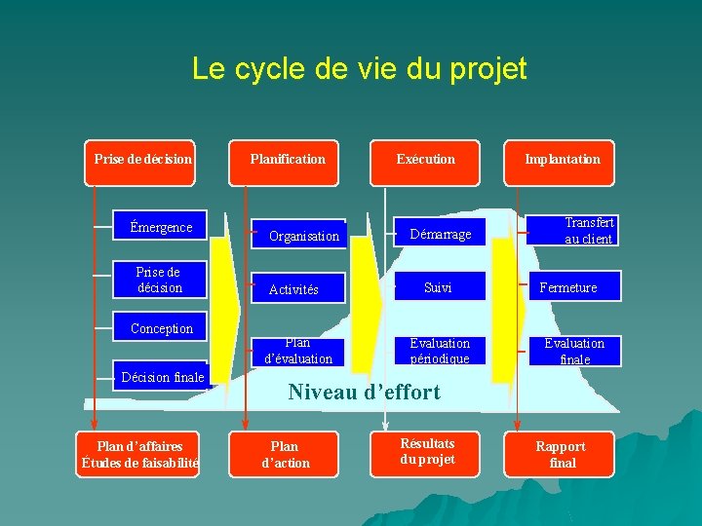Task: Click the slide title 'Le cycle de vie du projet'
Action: tap(359, 69)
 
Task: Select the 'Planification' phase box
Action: tap(288, 159)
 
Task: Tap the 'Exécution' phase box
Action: tap(425, 159)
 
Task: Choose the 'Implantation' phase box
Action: tap(562, 159)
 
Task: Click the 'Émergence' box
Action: tap(161, 228)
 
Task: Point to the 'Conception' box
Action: tap(162, 328)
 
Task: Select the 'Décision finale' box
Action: tap(163, 377)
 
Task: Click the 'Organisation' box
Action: tap(304, 236)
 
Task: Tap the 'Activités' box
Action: tap(294, 289)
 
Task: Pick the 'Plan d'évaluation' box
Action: tap(297, 351)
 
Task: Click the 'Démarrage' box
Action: tap(440, 234)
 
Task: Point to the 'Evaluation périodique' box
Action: tap(440, 351)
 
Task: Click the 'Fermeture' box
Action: tap(569, 287)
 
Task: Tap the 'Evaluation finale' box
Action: tap(574, 351)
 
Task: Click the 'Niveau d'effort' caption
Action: tap(364, 393)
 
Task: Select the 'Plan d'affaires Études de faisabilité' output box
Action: tap(139, 454)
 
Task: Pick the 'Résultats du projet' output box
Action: tap(427, 452)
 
